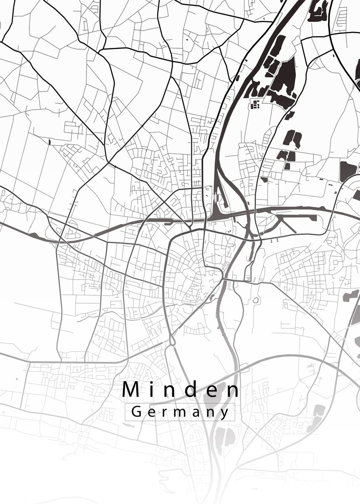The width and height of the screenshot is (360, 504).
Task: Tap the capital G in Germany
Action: pyautogui.click(x=136, y=412)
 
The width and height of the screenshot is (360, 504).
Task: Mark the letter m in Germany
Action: pyautogui.click(x=179, y=412)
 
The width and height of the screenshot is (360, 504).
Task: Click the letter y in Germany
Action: pyautogui.click(x=225, y=414)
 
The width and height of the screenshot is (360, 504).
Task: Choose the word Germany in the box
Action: pyautogui.click(x=180, y=412)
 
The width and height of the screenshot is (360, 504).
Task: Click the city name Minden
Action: pyautogui.click(x=181, y=390)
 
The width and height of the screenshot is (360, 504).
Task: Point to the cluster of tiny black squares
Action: pyautogui.click(x=255, y=104)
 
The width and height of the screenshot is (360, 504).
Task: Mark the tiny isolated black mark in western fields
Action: pyautogui.click(x=50, y=142)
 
